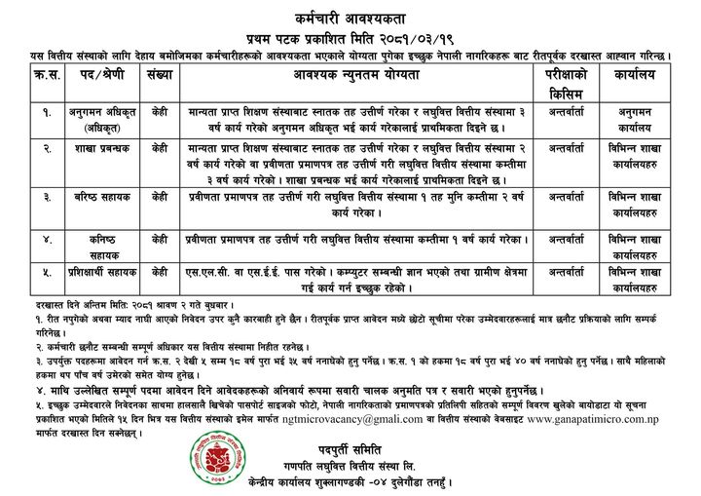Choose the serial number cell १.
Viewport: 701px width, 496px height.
pyautogui.click(x=36, y=112)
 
